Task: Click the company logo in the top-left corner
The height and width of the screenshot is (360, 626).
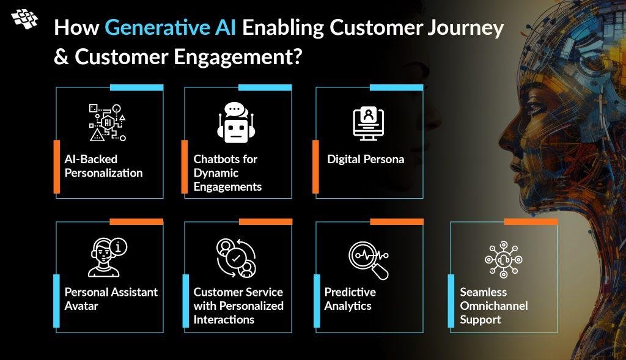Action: coord(24,19)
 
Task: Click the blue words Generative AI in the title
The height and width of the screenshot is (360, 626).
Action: coord(170,28)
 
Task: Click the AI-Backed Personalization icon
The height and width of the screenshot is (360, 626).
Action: coord(108,122)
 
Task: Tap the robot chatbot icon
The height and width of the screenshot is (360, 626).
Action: coord(236,122)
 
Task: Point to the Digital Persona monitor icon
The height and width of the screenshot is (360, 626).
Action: coord(369,123)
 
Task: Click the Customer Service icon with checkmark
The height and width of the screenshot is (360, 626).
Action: coord(236,258)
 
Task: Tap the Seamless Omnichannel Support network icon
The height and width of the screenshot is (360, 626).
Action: coord(504,259)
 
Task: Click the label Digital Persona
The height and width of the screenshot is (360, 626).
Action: coord(366,160)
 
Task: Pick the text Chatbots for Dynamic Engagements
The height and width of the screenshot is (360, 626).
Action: coord(227,173)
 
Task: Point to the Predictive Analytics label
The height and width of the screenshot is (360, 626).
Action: coord(350,299)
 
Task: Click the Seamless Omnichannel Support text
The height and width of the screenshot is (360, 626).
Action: coord(494,306)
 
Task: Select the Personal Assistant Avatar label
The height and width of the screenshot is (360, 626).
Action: coord(111,299)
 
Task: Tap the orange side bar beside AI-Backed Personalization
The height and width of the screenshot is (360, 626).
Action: coord(57,166)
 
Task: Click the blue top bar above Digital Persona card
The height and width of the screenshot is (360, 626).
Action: coord(396,87)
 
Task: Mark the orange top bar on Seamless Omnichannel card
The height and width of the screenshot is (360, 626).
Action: coord(531,221)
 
